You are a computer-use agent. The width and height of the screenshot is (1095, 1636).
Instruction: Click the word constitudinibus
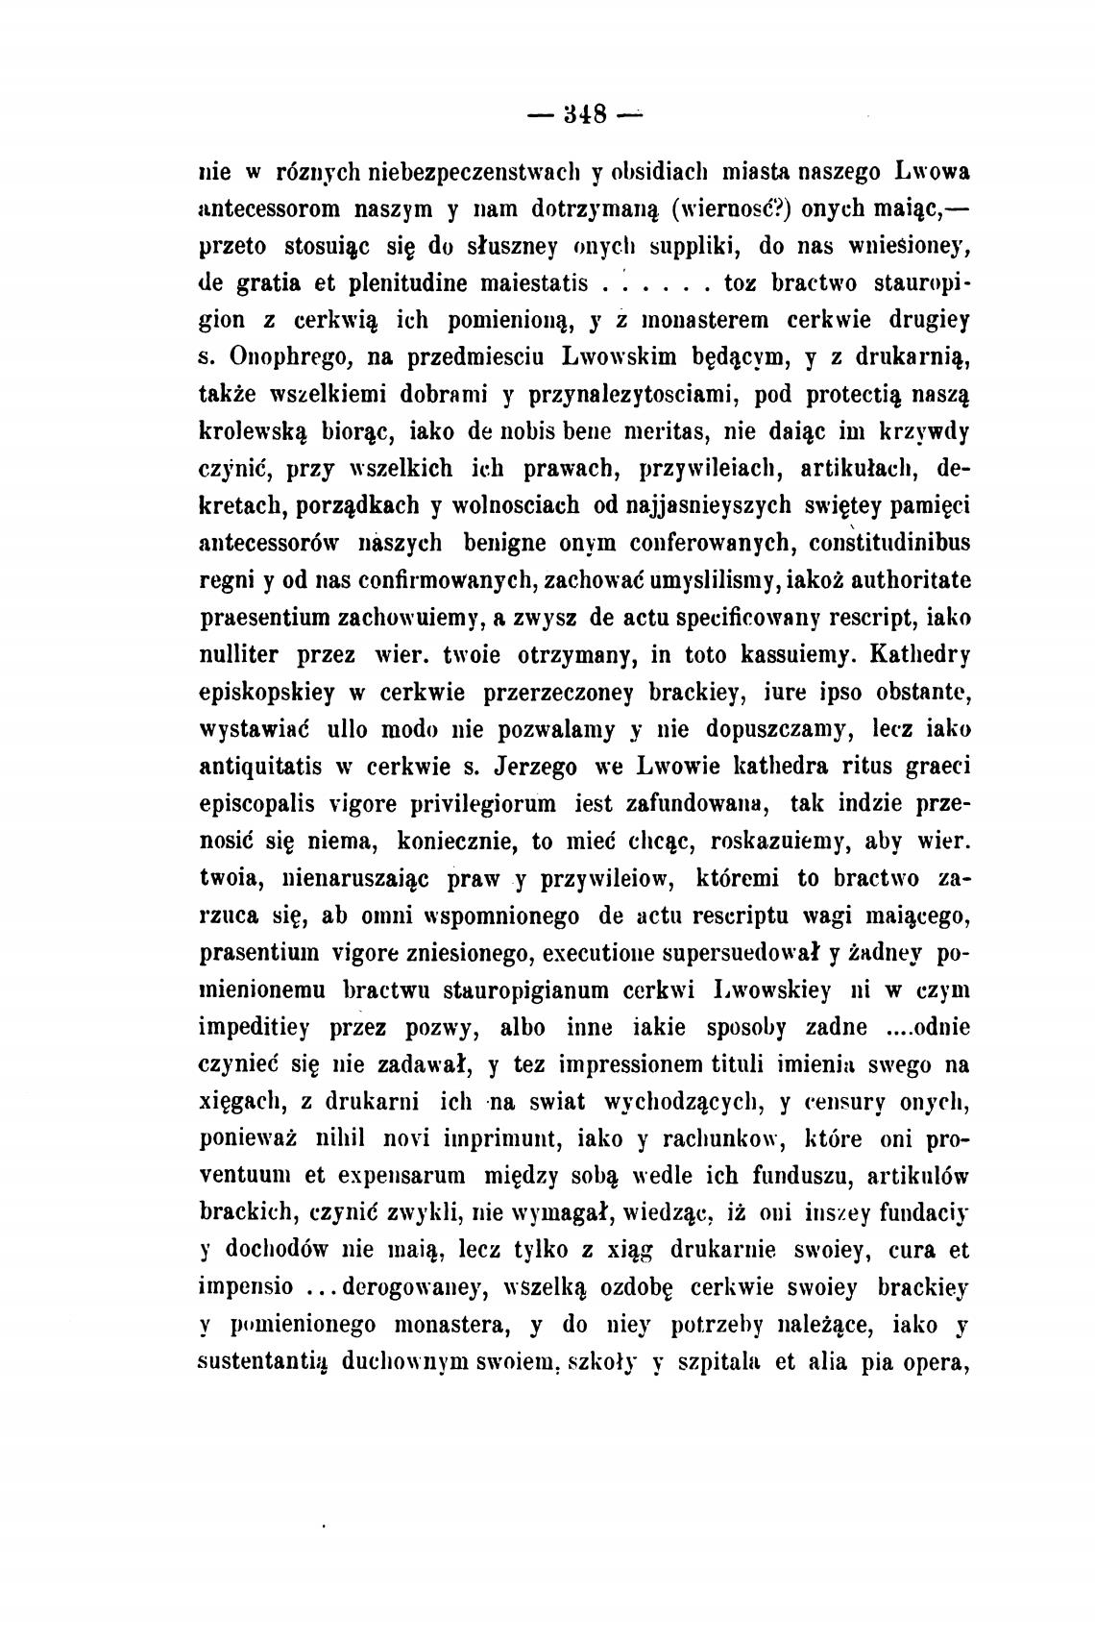(x=890, y=543)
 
